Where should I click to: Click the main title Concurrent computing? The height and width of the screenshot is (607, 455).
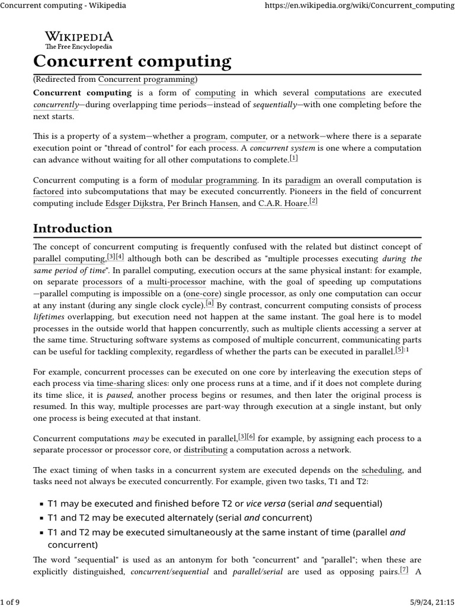point(132,61)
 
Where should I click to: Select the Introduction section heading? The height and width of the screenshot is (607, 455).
point(72,228)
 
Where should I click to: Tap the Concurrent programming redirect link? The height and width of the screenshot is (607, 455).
point(146,79)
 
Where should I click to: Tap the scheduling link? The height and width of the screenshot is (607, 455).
point(382,470)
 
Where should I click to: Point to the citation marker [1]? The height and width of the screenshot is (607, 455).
point(294,158)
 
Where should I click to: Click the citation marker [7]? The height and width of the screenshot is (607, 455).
point(404,570)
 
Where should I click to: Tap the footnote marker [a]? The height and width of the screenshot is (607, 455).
point(210,303)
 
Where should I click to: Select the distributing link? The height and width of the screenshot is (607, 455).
point(206,450)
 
